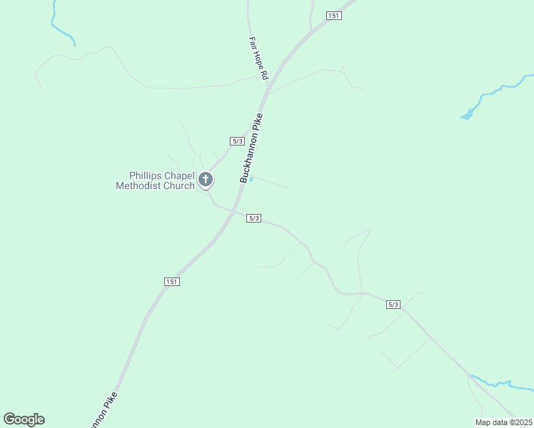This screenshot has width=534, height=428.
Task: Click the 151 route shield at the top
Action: coord(334,16)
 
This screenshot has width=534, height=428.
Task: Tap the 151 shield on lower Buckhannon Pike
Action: coord(171,282)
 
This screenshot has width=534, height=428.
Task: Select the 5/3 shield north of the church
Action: coord(238,141)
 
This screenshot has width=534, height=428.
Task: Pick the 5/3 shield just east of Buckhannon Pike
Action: coord(253,218)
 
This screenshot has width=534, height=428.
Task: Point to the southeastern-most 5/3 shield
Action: coord(393,305)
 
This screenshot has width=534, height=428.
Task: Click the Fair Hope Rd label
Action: coord(258,58)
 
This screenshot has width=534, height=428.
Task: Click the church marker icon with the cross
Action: coord(206,180)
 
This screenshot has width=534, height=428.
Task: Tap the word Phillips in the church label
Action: coord(146,175)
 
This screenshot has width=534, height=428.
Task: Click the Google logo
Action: coord(24,419)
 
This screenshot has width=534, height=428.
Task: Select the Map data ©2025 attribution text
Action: coord(503,422)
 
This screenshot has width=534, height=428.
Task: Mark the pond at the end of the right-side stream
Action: coord(467,113)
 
